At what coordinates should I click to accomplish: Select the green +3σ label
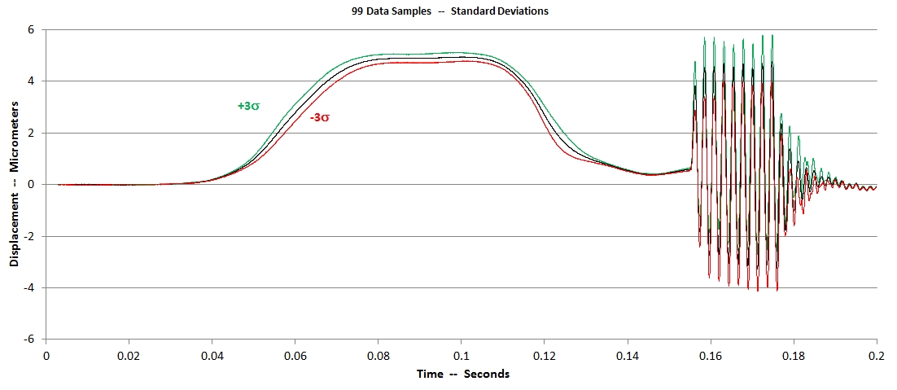[x=248, y=106]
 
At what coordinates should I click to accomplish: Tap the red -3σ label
[x=320, y=117]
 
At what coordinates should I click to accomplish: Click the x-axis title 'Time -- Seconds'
[x=462, y=374]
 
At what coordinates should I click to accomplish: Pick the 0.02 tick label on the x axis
[x=129, y=355]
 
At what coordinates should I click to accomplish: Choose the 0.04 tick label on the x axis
[x=212, y=355]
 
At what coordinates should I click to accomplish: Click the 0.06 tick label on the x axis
[x=295, y=355]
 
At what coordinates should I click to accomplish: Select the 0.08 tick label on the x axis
[x=378, y=355]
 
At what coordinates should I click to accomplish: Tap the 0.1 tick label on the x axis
[x=461, y=355]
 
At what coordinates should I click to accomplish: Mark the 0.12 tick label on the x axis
[x=545, y=355]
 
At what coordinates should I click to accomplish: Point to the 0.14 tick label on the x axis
[x=628, y=355]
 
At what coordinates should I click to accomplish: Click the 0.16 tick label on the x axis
[x=711, y=355]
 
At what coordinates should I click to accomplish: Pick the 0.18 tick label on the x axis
[x=794, y=355]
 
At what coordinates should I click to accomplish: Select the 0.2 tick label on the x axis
[x=877, y=355]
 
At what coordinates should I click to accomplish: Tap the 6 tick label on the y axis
[x=32, y=29]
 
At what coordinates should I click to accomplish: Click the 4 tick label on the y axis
[x=32, y=81]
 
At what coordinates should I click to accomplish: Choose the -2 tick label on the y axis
[x=30, y=236]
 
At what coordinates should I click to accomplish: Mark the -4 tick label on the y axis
[x=30, y=287]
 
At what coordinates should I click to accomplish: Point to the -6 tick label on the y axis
[x=30, y=339]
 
